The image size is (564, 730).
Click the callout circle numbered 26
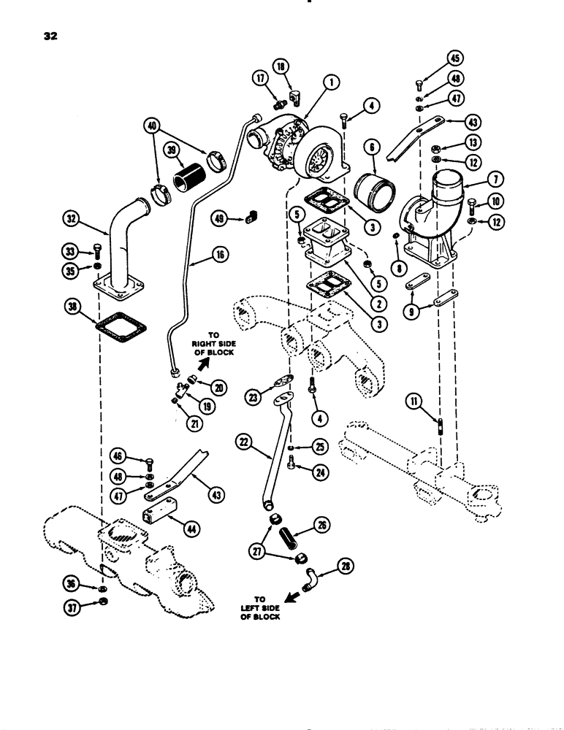[x=340, y=523]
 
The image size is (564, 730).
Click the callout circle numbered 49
[x=219, y=217]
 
